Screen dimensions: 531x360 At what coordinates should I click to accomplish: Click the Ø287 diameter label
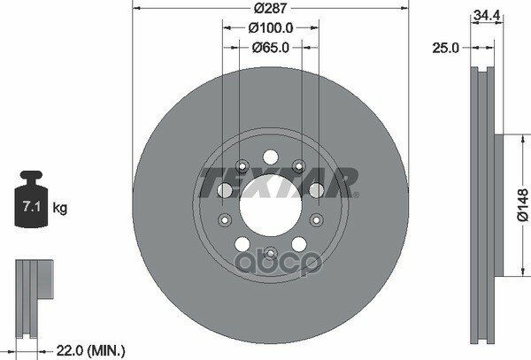(271, 8)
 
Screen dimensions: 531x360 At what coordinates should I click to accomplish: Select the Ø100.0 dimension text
(271, 28)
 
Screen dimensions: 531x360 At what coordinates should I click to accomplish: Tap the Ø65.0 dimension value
(271, 48)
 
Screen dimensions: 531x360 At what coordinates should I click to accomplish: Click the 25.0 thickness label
(445, 48)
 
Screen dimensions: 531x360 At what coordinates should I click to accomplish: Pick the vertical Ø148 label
(523, 205)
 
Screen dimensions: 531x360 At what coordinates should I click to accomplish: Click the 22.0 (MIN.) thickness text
(90, 350)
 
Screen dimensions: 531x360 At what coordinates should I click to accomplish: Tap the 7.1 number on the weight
(32, 206)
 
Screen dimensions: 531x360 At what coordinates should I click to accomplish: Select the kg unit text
(60, 208)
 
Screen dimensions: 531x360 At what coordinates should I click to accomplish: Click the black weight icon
(31, 199)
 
